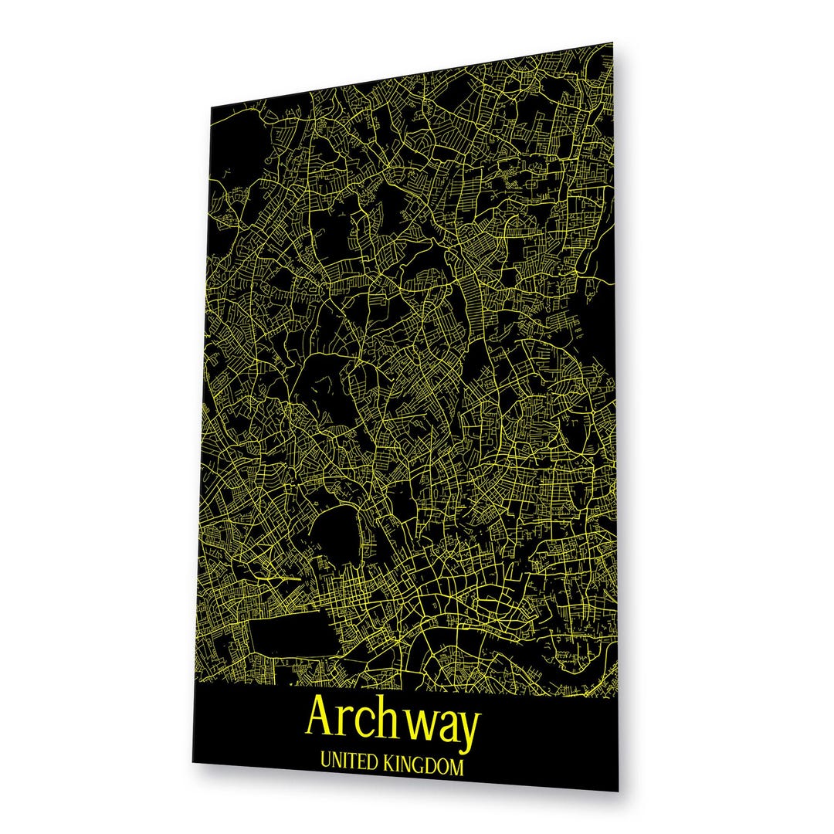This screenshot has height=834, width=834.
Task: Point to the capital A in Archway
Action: pos(322,717)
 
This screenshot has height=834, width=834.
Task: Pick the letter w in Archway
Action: pos(422,723)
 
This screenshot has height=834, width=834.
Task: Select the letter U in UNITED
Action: pos(324,766)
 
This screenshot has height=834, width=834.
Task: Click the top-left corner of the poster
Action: pos(212,107)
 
